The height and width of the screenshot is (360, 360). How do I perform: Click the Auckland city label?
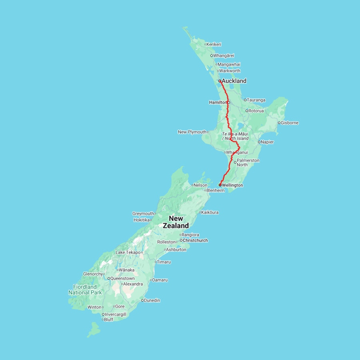pos(234,81)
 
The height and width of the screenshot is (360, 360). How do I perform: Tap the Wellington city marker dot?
pos(220,185)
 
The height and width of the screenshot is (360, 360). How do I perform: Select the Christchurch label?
pos(195,240)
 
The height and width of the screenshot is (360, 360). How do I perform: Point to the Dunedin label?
pos(152,300)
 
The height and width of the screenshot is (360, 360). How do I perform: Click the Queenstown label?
pos(122,278)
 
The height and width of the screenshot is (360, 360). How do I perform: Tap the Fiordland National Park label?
pos(85,290)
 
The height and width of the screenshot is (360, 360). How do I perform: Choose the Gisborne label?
pos(290,123)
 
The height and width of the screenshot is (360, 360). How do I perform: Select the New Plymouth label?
pos(192,132)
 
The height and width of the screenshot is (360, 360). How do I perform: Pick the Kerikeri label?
pos(214,44)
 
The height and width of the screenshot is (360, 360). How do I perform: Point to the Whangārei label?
pos(224,56)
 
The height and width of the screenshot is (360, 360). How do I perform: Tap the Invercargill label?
pos(116,314)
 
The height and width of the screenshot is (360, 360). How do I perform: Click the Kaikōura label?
pos(210,212)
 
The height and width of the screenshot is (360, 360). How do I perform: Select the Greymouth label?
pos(143,214)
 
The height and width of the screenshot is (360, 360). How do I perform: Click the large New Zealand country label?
pos(176,222)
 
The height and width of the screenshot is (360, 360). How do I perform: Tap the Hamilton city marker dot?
pos(229,102)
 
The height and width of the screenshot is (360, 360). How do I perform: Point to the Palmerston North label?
pos(248,162)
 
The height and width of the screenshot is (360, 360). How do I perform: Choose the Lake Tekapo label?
pos(128,252)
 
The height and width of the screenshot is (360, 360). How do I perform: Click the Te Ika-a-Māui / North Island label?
pos(235,136)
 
